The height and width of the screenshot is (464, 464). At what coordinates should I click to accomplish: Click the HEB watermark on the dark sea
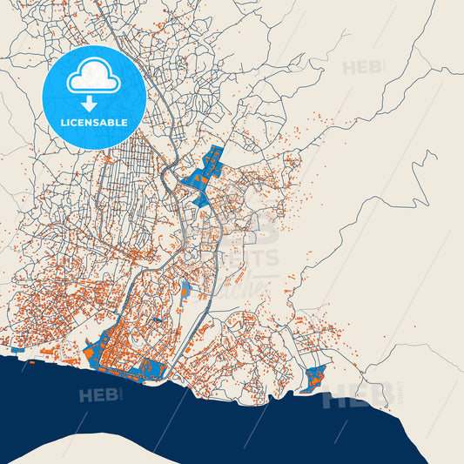pos(98,395)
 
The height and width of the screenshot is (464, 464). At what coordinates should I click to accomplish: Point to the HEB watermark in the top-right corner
pos(361,68)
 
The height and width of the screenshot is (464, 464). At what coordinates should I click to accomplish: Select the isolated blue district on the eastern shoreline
pos(314,377)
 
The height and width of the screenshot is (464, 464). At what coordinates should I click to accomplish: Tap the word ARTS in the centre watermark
pos(256,259)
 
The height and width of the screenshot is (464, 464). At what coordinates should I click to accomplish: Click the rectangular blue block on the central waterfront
pos(152,369)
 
